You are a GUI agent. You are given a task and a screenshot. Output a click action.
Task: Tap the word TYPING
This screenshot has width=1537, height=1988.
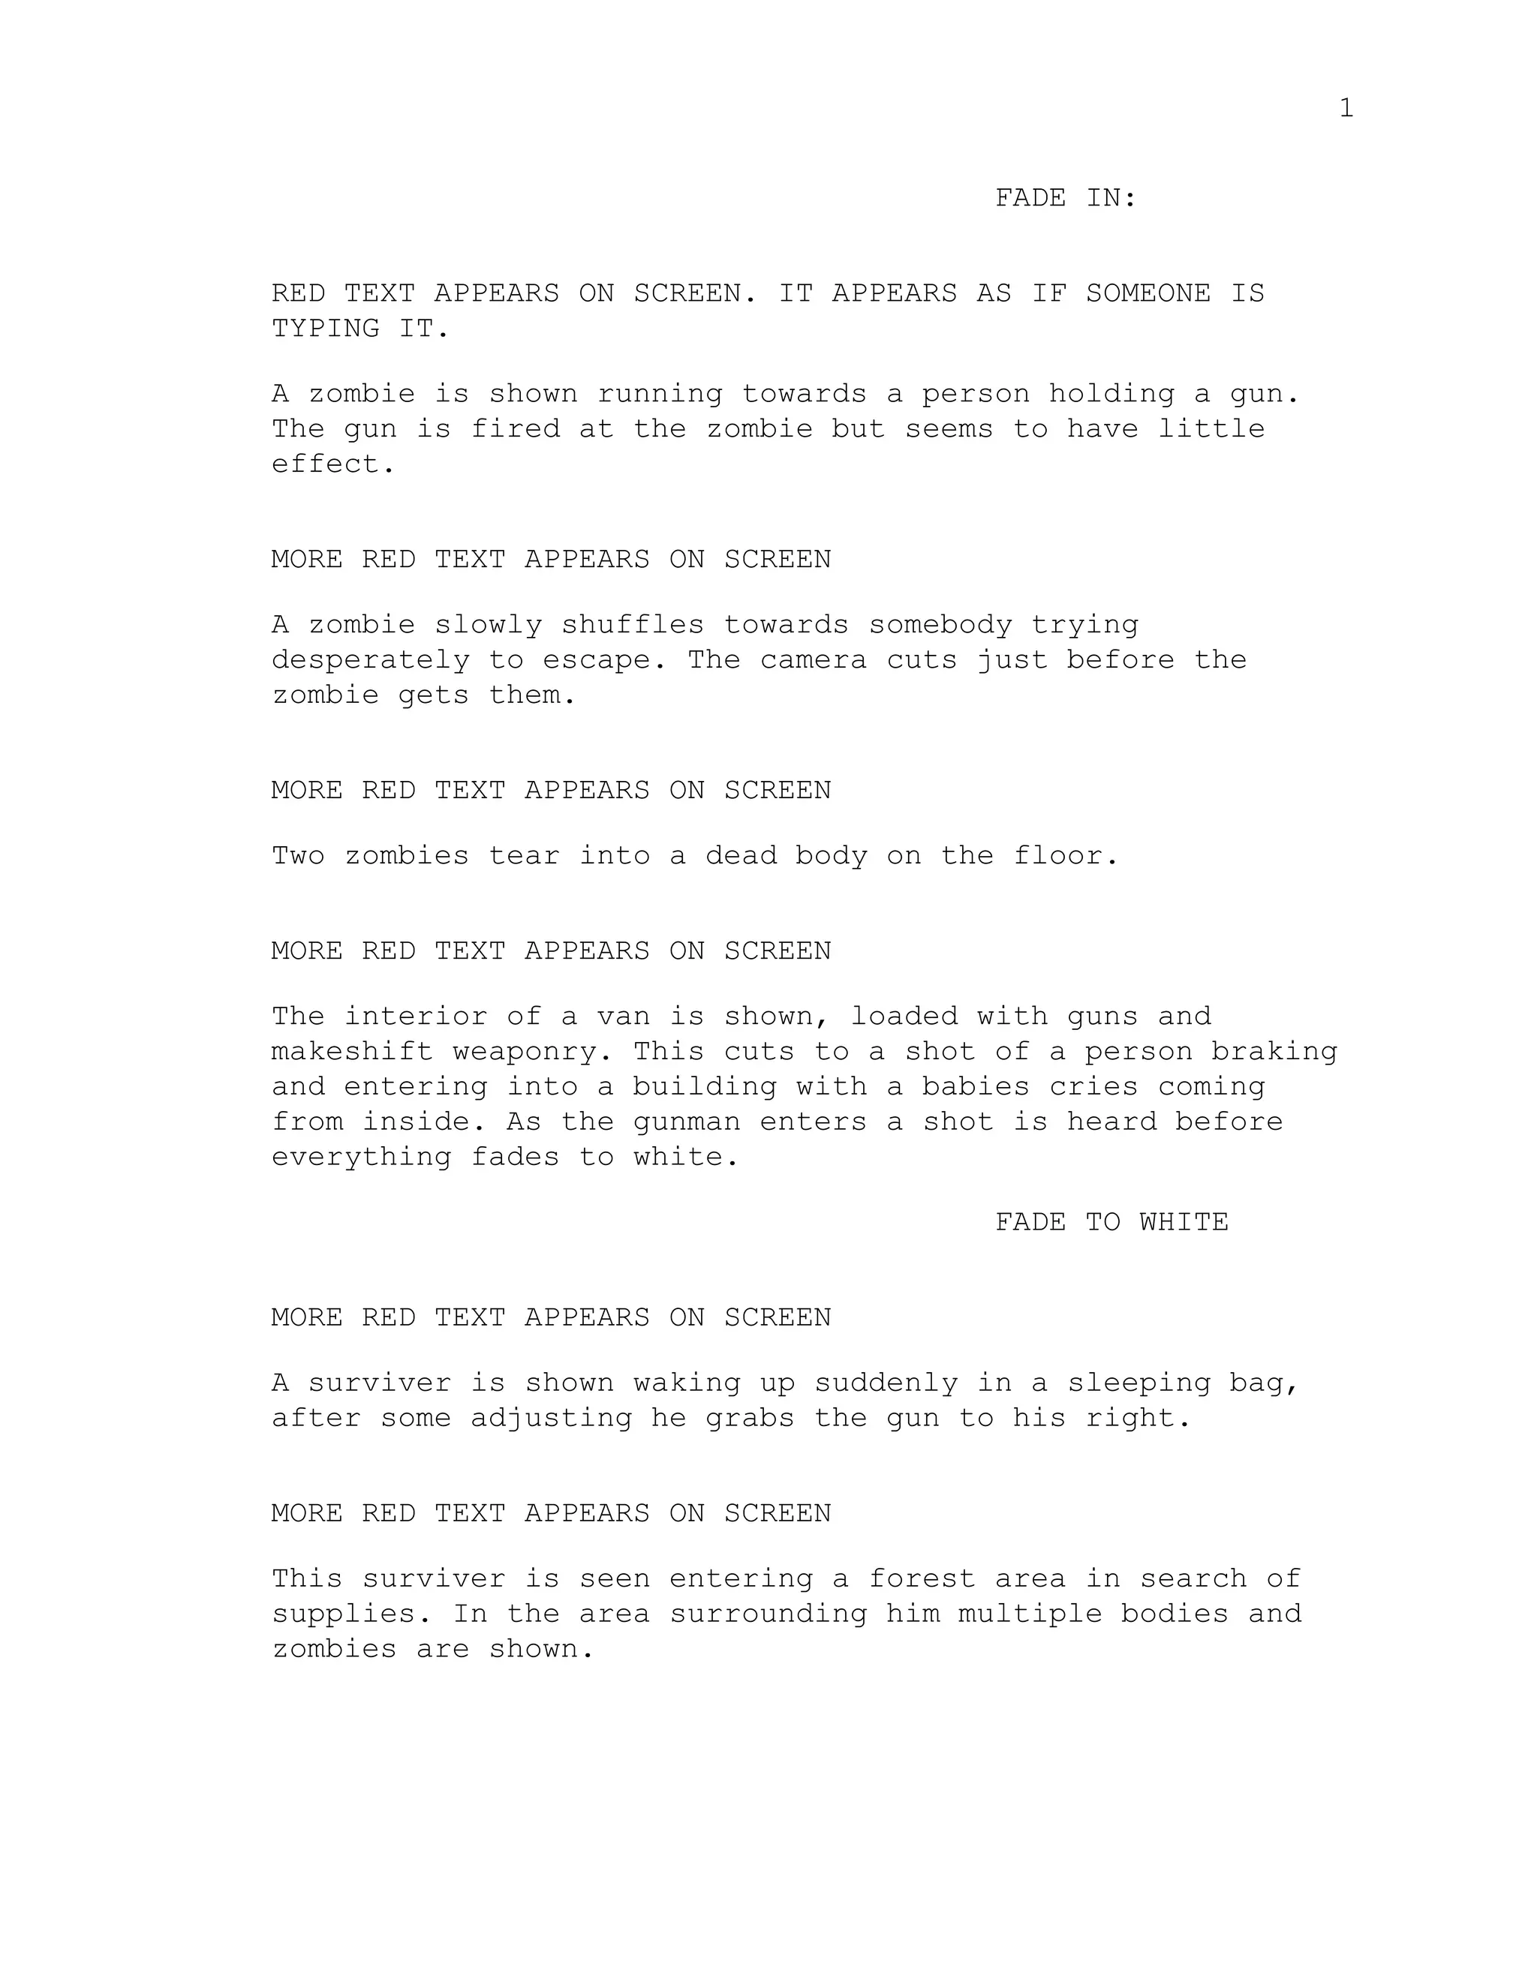[325, 329]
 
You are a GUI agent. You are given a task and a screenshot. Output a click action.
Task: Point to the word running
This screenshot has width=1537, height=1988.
[659, 394]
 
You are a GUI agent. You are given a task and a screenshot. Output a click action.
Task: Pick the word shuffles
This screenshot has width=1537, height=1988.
[632, 626]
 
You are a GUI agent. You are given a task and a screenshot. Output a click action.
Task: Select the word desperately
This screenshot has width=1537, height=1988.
[371, 660]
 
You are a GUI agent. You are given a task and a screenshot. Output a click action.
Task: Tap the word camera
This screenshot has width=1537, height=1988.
[813, 660]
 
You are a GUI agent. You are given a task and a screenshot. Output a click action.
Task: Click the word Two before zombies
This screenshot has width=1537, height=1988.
[298, 857]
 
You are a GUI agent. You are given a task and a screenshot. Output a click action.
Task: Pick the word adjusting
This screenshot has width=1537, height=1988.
[551, 1418]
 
